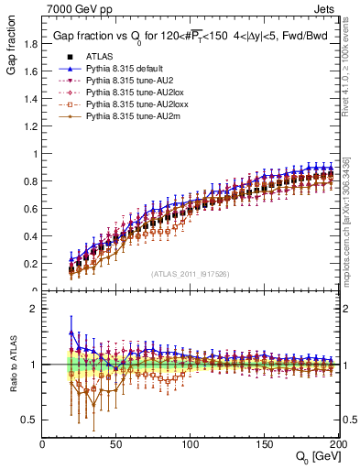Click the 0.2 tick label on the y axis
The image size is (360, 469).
(30, 264)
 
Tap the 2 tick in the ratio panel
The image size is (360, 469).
(35, 309)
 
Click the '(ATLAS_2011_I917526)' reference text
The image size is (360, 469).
(191, 274)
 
